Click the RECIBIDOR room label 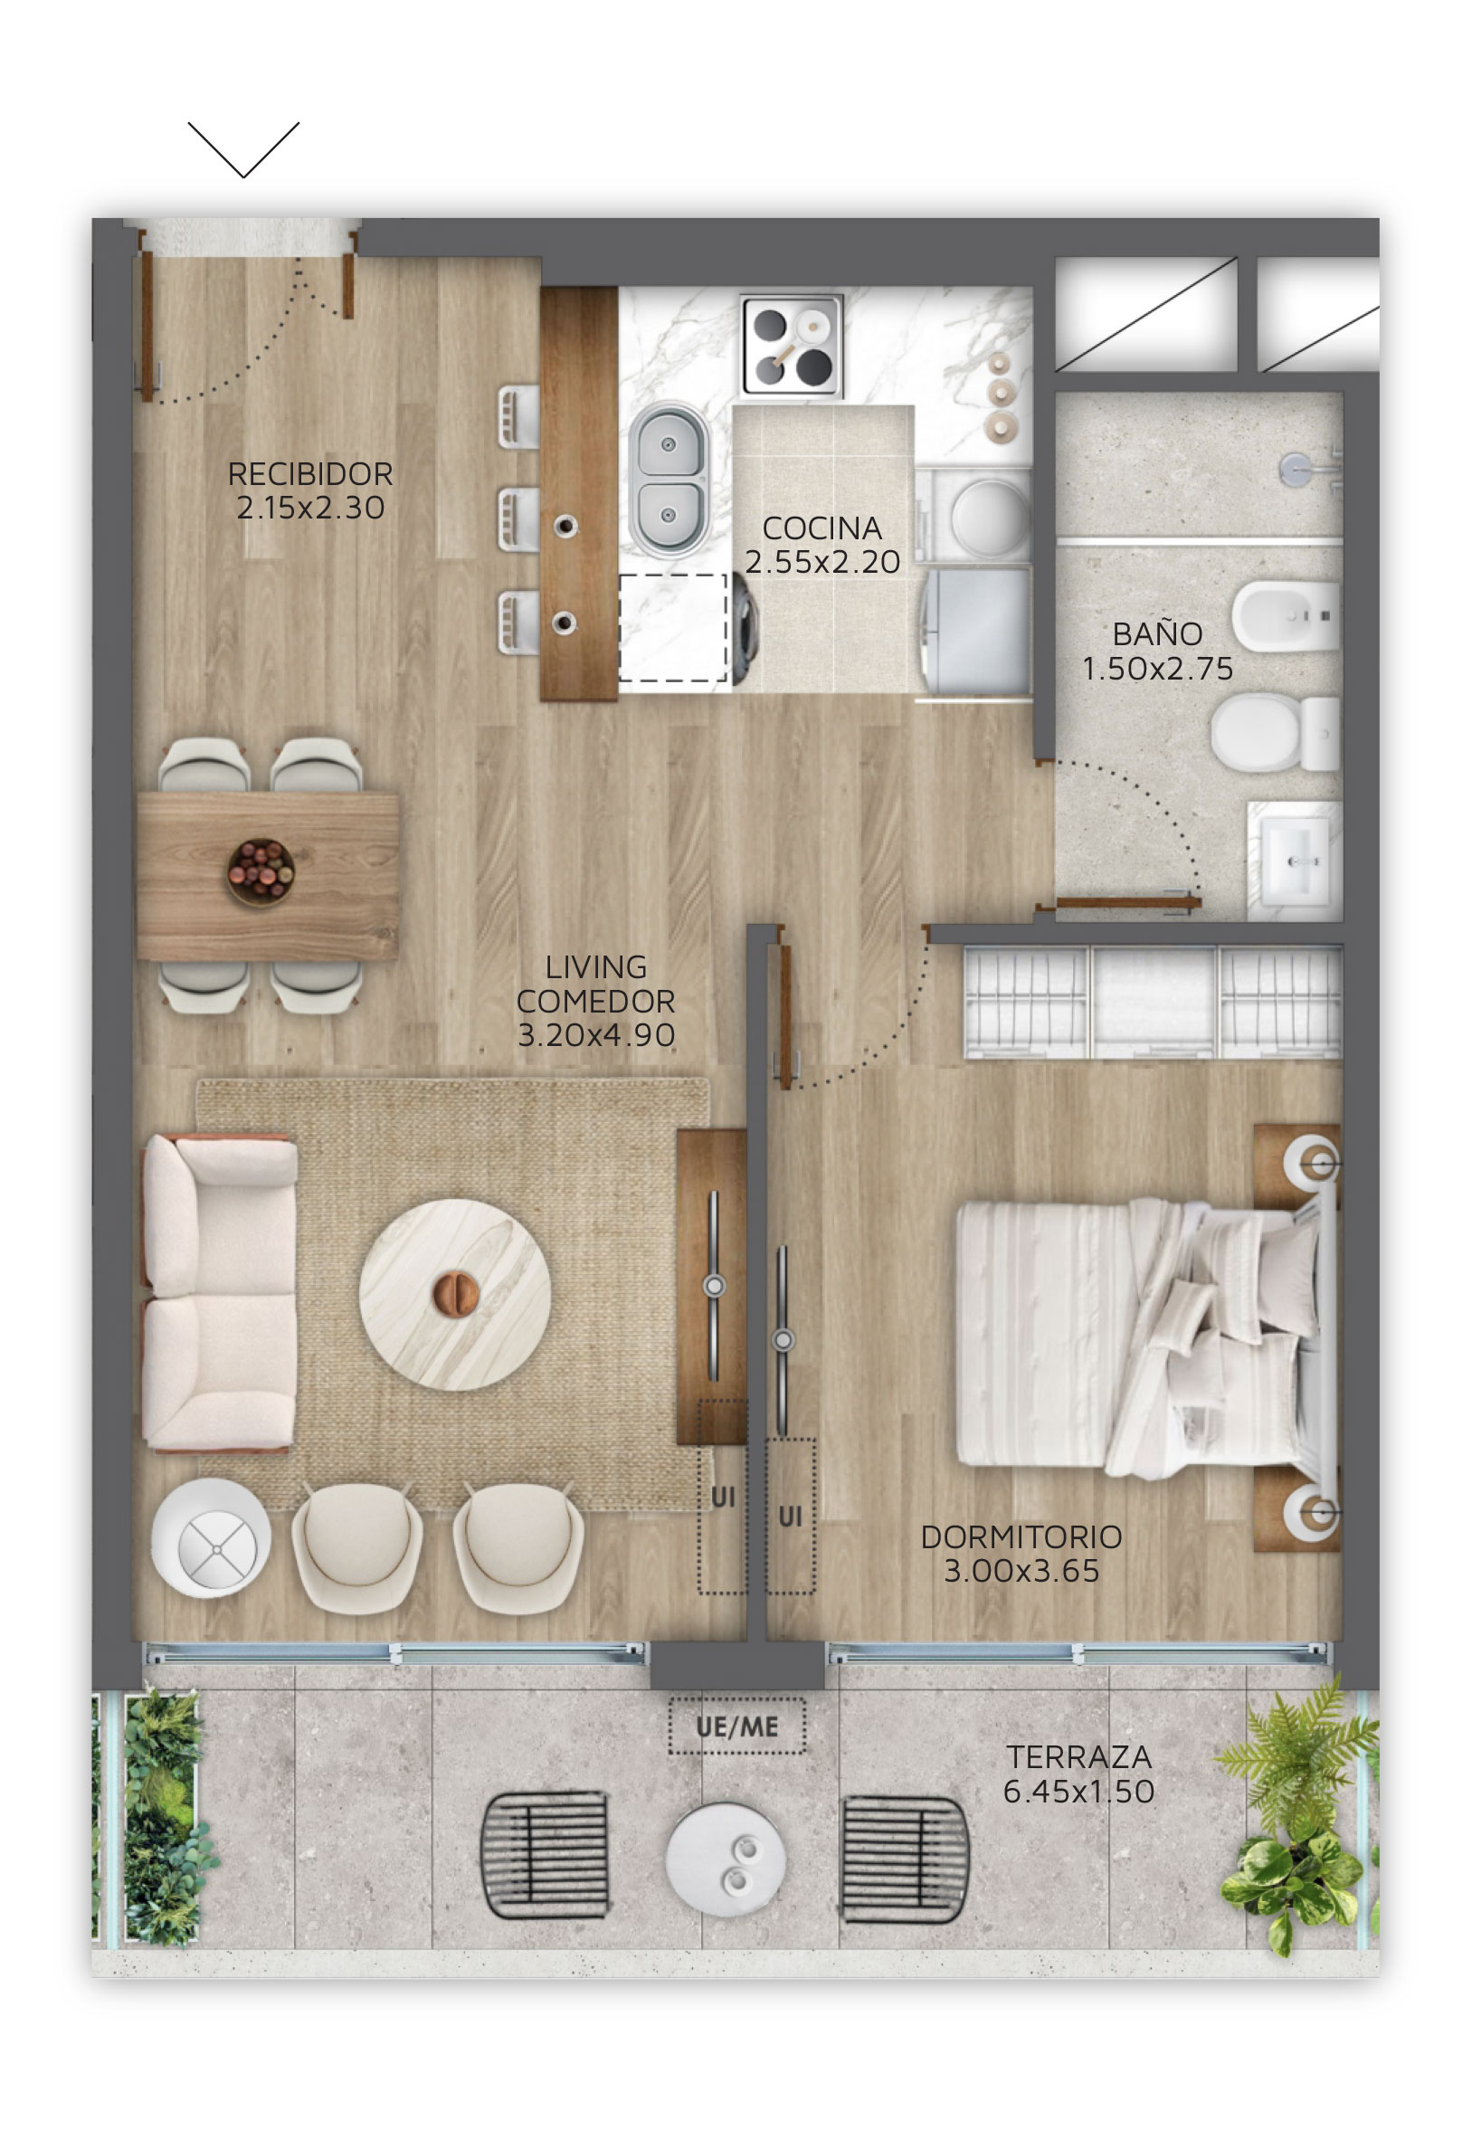(x=310, y=474)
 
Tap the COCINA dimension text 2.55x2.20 (x=821, y=562)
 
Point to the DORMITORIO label (x=1021, y=1536)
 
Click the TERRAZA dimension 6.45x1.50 (x=1078, y=1792)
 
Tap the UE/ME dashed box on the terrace (x=737, y=1726)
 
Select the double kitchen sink (x=670, y=480)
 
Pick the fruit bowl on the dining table (x=261, y=871)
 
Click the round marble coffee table (x=455, y=1294)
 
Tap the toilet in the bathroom (x=1275, y=733)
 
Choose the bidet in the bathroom (x=1286, y=615)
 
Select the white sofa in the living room (x=220, y=1294)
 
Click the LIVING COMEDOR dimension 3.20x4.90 (x=596, y=1035)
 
